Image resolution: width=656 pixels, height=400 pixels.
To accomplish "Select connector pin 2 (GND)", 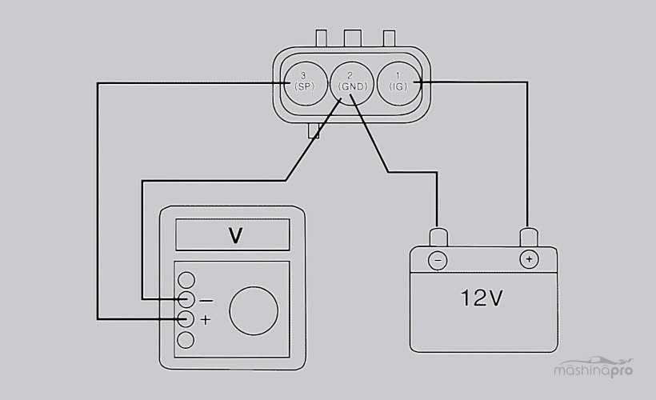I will [352, 81].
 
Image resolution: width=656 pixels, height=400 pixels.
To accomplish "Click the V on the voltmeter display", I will [235, 235].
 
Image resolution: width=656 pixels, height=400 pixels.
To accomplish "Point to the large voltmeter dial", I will [254, 310].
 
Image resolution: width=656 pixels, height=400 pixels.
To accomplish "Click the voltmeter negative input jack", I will [186, 300].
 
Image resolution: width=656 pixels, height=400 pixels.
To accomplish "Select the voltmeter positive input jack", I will [186, 319].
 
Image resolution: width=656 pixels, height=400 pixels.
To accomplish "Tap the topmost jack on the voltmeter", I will [186, 280].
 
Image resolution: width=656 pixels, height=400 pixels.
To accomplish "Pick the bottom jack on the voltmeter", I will [186, 339].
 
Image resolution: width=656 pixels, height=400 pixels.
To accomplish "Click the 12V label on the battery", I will [481, 298].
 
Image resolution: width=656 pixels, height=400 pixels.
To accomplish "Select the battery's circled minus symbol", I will [437, 260].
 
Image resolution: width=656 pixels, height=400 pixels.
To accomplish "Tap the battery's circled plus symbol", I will [527, 260].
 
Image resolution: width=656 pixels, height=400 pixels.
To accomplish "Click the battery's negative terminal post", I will [438, 238].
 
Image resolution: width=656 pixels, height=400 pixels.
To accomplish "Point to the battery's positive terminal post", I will [528, 238].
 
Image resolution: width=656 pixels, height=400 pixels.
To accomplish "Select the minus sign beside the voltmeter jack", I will [206, 301].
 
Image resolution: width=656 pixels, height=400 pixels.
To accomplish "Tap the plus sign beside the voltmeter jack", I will [206, 320].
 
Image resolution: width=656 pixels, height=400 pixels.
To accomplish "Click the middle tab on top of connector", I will [353, 38].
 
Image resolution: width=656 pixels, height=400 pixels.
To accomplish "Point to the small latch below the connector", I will [313, 130].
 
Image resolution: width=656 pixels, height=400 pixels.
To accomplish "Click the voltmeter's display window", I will [232, 235].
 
